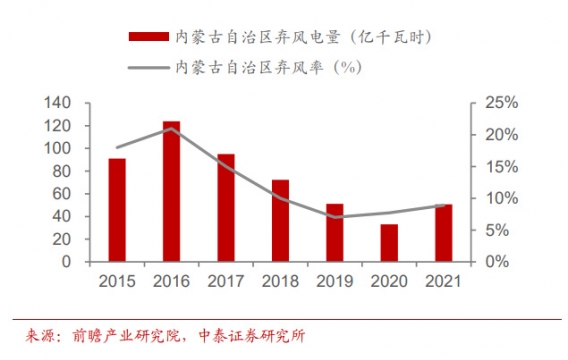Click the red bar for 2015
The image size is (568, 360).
click(x=117, y=210)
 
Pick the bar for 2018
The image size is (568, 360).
click(x=280, y=221)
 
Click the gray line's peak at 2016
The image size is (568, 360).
click(x=171, y=128)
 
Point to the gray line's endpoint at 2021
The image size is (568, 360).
click(x=442, y=205)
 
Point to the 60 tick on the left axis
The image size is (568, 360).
click(x=62, y=194)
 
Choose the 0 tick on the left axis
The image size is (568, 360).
click(x=66, y=262)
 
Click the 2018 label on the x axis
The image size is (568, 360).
click(x=280, y=281)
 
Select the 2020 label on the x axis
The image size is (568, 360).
click(x=388, y=281)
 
